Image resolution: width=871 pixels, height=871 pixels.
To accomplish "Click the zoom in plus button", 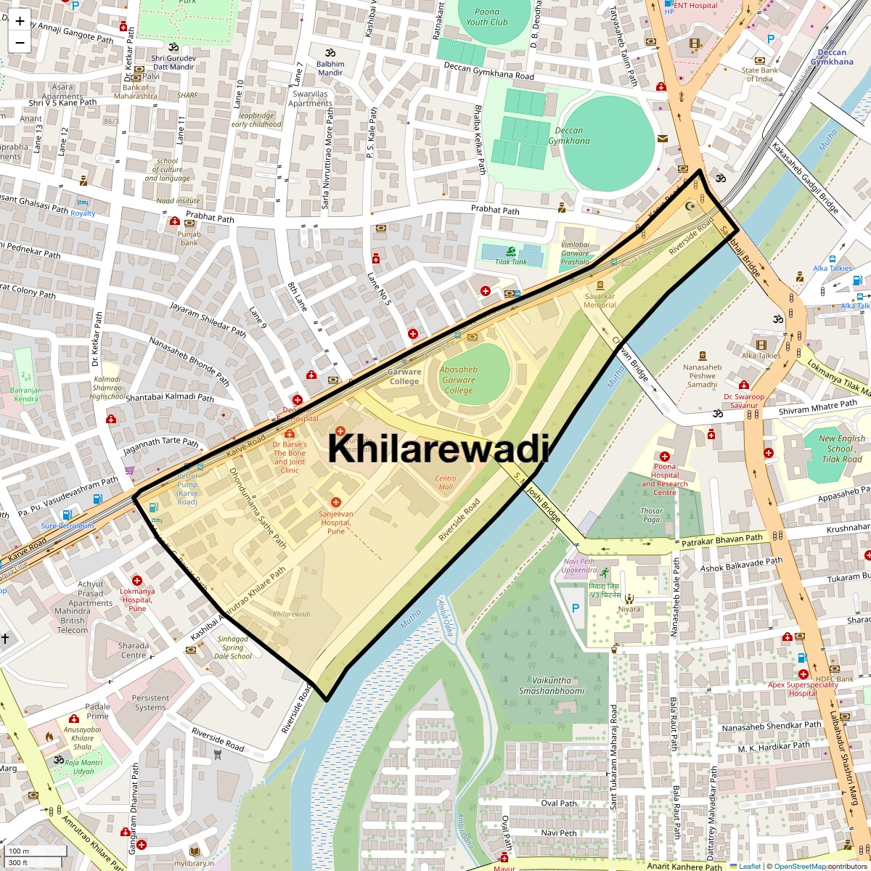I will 20,20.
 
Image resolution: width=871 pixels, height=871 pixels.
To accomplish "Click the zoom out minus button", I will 20,42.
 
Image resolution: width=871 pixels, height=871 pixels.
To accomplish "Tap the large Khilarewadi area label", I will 438,448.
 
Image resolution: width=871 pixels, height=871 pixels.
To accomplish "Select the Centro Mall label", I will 446,483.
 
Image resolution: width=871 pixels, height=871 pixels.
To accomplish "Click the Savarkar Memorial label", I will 600,300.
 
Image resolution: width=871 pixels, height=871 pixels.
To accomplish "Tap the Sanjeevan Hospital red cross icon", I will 335,502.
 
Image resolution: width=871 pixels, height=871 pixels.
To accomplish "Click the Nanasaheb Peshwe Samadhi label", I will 702,375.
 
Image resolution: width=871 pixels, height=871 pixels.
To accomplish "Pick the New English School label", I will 841,449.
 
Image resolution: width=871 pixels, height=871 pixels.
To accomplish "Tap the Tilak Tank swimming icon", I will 512,252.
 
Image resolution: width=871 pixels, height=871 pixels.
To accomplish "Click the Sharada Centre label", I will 134,650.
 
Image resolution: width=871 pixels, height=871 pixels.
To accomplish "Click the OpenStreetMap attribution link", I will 799,866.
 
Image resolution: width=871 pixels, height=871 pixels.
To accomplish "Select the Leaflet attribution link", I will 749,866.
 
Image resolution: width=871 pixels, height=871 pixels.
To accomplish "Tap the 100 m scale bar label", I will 19,851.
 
